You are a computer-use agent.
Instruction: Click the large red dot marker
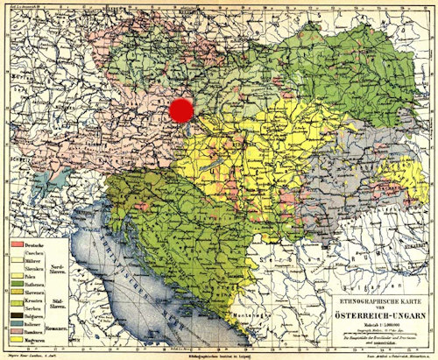click(x=181, y=109)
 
